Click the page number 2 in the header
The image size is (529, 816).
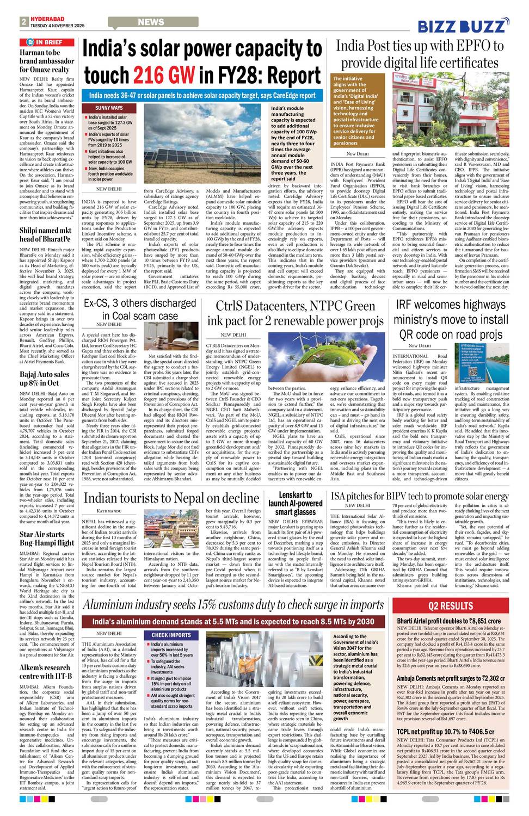pyautogui.click(x=24, y=22)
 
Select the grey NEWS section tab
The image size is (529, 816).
pyautogui.click(x=151, y=22)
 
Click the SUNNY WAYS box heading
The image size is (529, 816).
pyautogui.click(x=109, y=108)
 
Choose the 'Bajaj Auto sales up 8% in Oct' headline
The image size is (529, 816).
pyautogui.click(x=45, y=379)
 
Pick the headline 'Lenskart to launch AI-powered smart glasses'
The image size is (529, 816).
pyautogui.click(x=295, y=503)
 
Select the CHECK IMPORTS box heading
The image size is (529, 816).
pyautogui.click(x=171, y=635)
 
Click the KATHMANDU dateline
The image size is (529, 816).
pyautogui.click(x=109, y=511)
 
